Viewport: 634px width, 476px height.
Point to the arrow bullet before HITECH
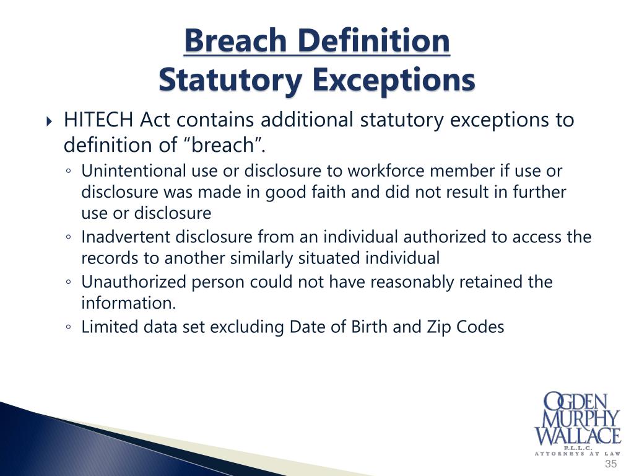click(x=50, y=120)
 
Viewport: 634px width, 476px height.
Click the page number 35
click(x=611, y=464)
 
